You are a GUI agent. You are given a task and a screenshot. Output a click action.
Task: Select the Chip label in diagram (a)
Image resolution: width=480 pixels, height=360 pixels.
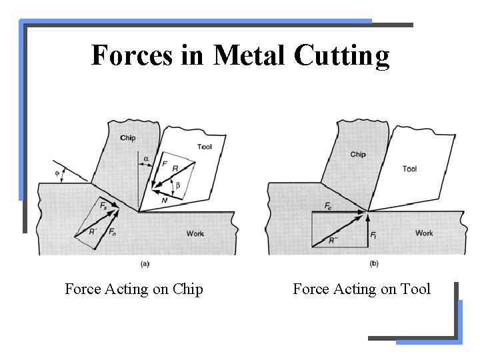click(x=128, y=139)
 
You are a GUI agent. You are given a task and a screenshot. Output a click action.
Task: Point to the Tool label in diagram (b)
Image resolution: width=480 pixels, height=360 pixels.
click(x=409, y=169)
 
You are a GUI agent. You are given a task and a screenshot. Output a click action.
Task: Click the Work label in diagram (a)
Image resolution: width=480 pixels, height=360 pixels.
click(x=195, y=234)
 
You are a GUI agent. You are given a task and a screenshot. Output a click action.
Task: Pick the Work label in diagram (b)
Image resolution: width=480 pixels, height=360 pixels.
click(x=424, y=233)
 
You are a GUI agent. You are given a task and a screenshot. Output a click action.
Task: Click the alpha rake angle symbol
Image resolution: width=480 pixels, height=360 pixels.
click(x=147, y=159)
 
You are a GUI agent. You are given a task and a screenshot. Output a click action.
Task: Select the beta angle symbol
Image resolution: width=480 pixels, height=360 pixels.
click(x=177, y=185)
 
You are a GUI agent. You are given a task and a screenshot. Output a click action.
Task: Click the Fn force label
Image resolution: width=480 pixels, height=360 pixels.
click(x=112, y=232)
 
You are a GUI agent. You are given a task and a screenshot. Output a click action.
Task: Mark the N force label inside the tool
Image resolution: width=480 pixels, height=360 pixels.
click(x=164, y=200)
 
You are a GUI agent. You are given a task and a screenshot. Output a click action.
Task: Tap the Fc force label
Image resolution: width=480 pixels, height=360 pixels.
click(x=329, y=207)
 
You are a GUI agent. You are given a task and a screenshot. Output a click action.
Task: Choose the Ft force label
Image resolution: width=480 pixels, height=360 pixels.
click(x=373, y=235)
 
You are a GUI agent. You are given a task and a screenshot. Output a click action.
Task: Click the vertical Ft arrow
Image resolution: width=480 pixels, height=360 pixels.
click(x=367, y=228)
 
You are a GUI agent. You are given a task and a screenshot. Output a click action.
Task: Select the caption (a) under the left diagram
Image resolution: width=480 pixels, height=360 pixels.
click(x=145, y=263)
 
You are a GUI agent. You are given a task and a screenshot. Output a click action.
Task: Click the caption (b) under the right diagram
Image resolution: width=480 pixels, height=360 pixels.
click(x=374, y=263)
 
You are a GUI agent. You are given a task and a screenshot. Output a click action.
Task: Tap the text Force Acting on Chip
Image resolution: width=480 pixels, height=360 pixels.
click(x=134, y=289)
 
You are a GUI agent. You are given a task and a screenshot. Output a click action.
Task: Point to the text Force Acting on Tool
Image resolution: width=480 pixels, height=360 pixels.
click(x=362, y=289)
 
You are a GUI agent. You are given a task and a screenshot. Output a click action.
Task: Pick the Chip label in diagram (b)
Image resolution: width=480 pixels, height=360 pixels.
click(x=358, y=155)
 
